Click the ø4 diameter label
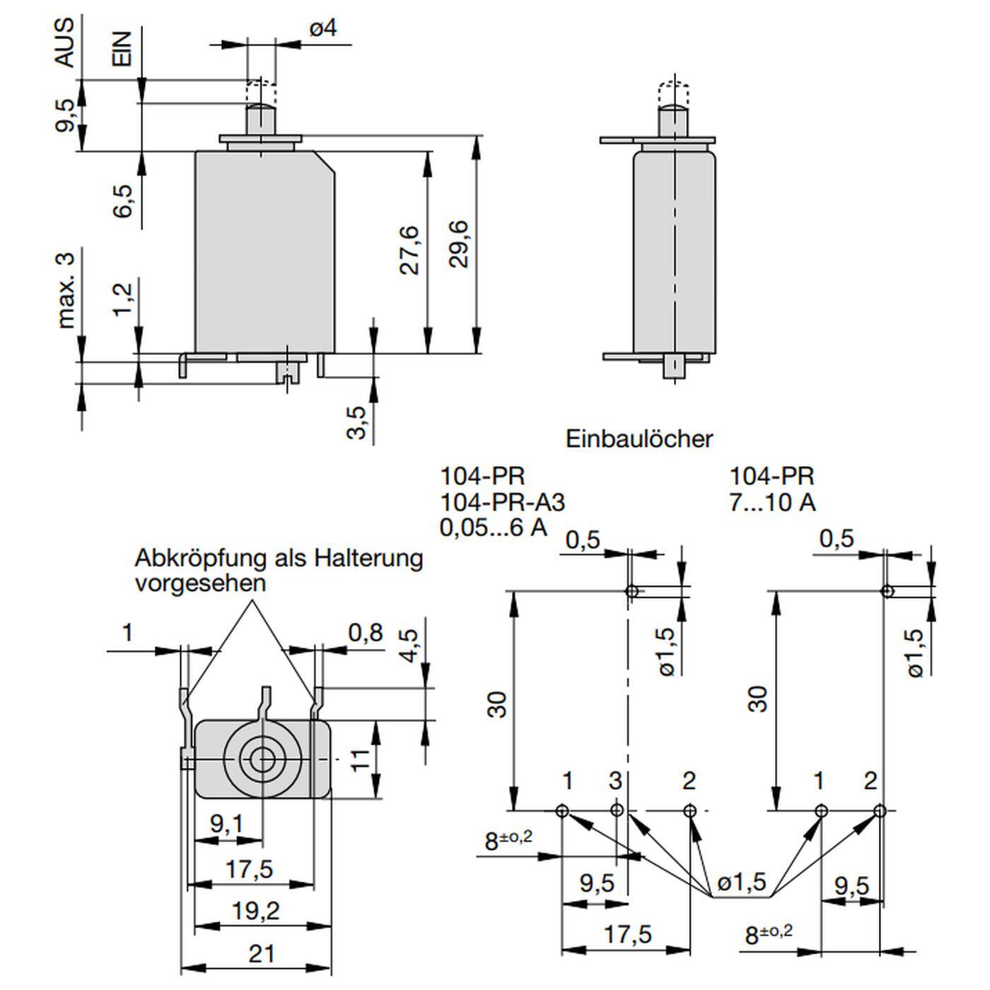click(x=322, y=28)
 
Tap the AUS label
click(x=64, y=42)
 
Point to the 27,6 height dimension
click(x=409, y=250)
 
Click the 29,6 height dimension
click(x=459, y=244)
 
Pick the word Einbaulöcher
click(x=639, y=439)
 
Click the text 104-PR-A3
click(x=503, y=502)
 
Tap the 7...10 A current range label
click(x=772, y=502)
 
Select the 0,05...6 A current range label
click(x=494, y=528)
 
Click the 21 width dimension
click(x=261, y=954)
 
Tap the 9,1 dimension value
click(x=226, y=823)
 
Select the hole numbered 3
click(x=617, y=810)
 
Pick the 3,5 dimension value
click(x=357, y=422)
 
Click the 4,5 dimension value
click(x=409, y=644)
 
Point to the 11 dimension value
click(x=361, y=760)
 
